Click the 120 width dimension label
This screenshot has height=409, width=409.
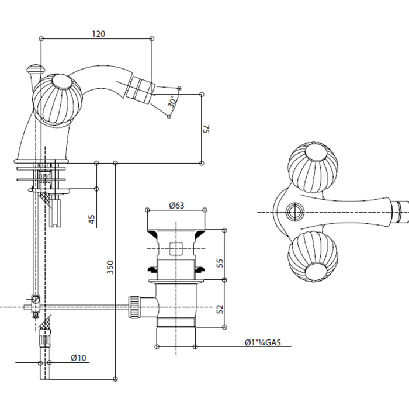[x=99, y=34]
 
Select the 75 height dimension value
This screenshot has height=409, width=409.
[x=206, y=129]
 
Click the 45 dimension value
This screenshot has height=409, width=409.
[x=91, y=220]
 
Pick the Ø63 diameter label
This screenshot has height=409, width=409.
[x=176, y=205]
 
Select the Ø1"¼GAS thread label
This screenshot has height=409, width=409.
[x=264, y=343]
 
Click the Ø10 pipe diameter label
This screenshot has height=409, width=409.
[x=79, y=358]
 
